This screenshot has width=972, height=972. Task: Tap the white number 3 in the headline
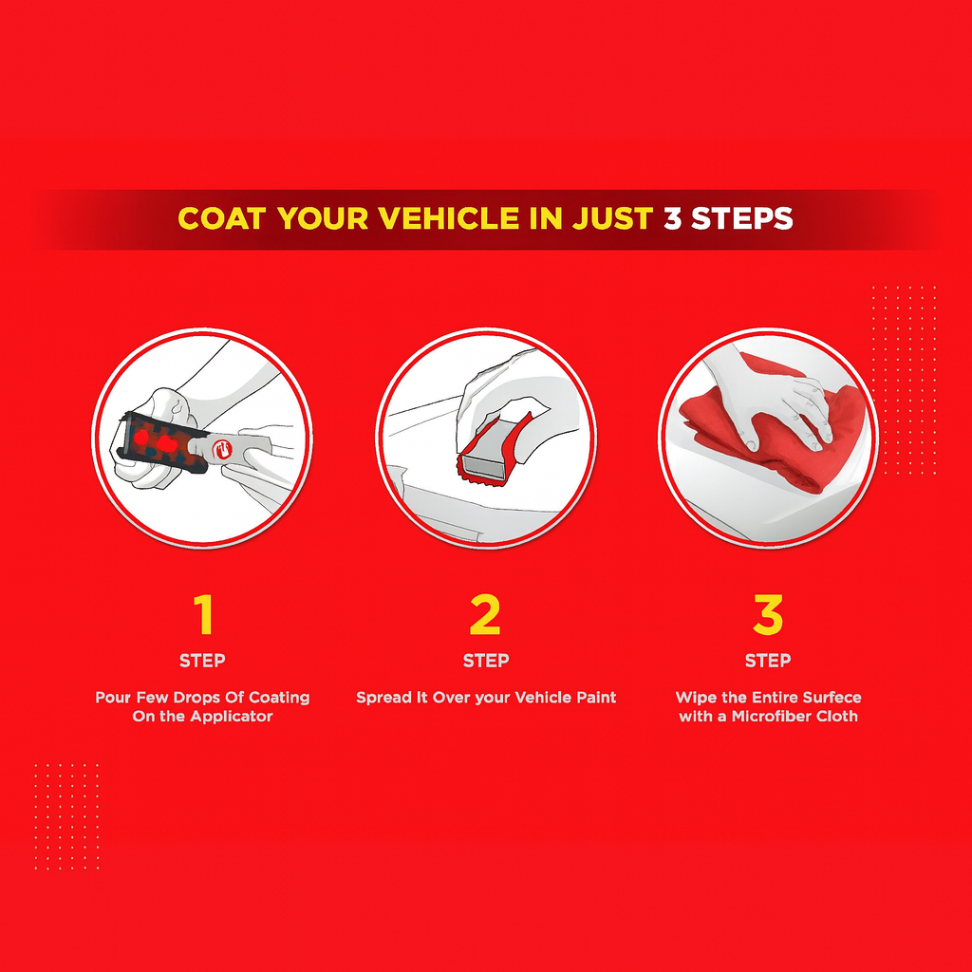tap(673, 218)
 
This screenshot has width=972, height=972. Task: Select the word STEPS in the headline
tap(742, 218)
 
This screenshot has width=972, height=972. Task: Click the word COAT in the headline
tap(222, 218)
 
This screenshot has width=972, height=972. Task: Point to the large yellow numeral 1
tap(203, 614)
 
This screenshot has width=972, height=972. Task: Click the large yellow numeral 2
tap(485, 614)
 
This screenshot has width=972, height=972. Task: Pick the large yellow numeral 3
tap(768, 614)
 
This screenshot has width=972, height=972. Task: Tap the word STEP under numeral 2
tap(486, 661)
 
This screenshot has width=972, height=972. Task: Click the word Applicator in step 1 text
tap(232, 717)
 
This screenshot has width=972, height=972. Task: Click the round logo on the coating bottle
tap(222, 449)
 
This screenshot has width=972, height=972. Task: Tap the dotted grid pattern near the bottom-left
tap(67, 815)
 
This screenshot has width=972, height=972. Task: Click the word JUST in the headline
tap(612, 218)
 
